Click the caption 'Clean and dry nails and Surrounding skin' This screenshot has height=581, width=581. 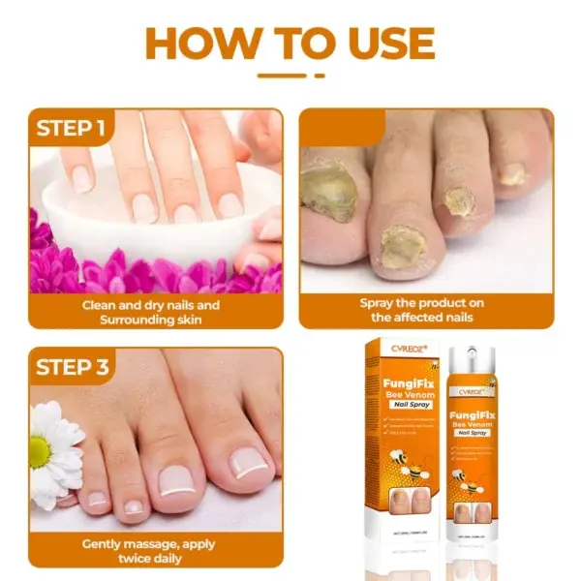(156, 312)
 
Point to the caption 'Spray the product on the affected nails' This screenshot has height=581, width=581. (422, 310)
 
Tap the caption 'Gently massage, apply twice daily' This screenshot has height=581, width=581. (156, 551)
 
